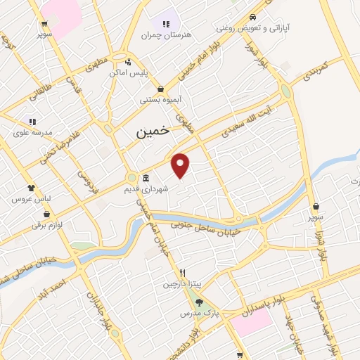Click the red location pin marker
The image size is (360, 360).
[181, 165]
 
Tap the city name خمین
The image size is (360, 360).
[152, 131]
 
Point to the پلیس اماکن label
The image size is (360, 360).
[127, 72]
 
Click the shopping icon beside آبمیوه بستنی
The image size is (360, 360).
[161, 89]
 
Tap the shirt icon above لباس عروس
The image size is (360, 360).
[31, 188]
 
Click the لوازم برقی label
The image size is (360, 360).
[46, 224]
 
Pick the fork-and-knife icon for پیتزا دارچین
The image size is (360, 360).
[182, 273]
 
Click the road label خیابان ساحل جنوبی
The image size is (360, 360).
[206, 228]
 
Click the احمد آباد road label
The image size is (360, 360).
[53, 288]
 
